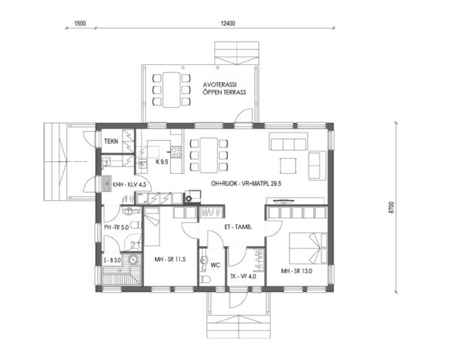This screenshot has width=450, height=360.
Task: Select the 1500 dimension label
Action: (x=81, y=24)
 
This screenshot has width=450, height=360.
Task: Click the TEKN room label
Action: (x=111, y=141)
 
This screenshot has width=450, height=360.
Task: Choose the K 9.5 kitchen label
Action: (x=161, y=161)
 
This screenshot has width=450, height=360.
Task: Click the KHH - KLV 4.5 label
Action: (x=129, y=183)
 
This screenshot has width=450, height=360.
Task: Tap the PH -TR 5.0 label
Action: (x=120, y=225)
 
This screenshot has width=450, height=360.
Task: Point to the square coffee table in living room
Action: (x=289, y=164)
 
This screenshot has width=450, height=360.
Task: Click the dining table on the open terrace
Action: (x=171, y=88)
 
